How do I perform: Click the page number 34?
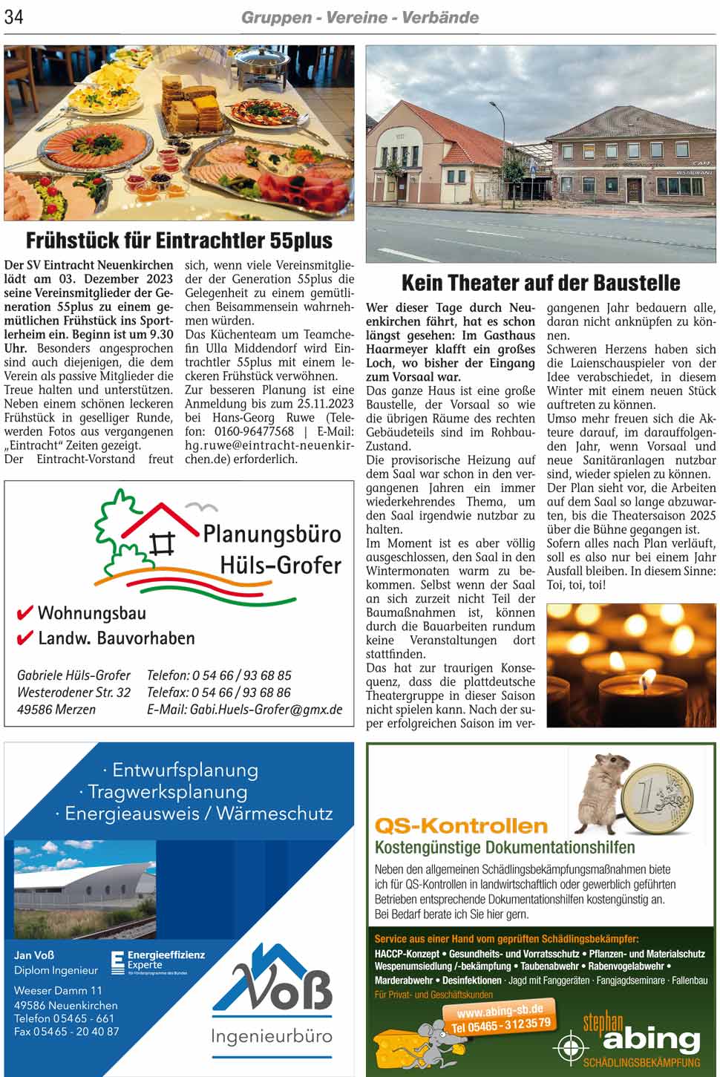[x=14, y=17]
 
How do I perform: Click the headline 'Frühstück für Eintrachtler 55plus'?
[x=179, y=240]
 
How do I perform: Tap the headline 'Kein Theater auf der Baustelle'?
[x=540, y=283]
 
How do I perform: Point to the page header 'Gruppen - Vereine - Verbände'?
[x=360, y=17]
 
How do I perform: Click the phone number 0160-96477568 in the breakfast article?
[x=254, y=431]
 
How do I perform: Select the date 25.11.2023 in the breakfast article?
[x=321, y=404]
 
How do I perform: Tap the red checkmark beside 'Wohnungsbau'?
[x=25, y=613]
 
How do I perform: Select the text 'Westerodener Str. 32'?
[x=73, y=692]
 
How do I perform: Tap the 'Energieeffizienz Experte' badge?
[x=157, y=961]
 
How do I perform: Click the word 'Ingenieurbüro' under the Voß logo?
[x=272, y=1036]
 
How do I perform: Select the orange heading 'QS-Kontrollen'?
[x=461, y=825]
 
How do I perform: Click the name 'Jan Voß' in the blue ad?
[x=34, y=955]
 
